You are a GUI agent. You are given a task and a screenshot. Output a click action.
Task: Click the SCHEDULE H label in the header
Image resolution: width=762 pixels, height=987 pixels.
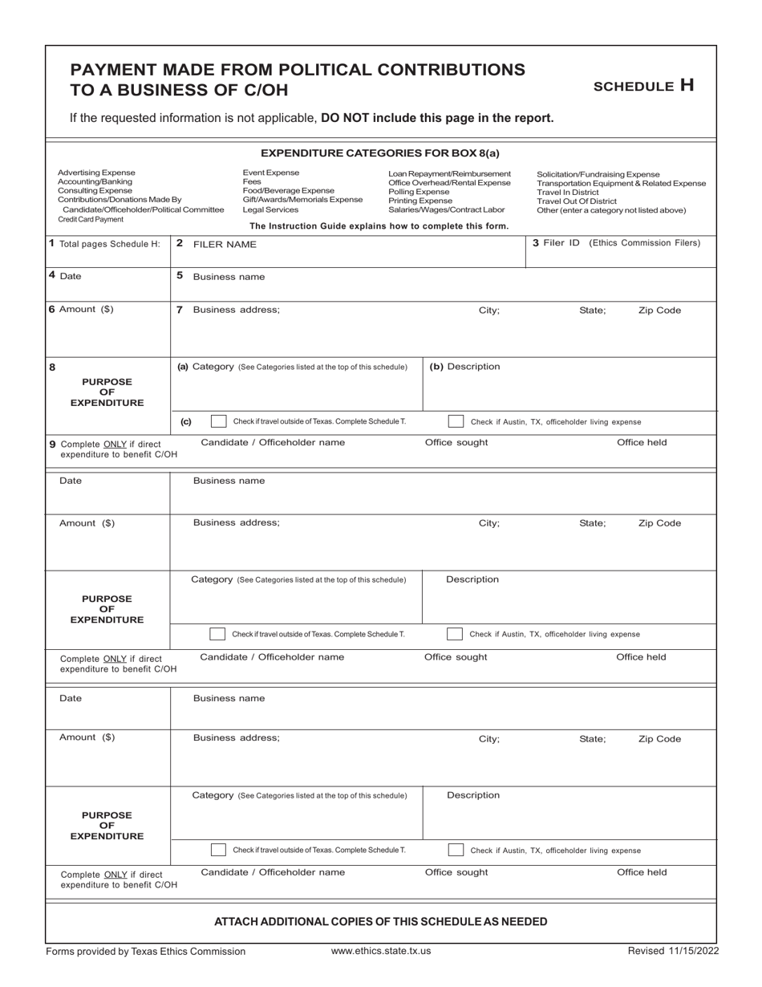(x=643, y=86)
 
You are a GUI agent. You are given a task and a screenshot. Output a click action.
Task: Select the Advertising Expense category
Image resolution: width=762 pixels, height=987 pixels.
(x=97, y=173)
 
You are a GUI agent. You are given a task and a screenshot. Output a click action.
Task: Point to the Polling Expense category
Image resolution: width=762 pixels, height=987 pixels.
(x=419, y=192)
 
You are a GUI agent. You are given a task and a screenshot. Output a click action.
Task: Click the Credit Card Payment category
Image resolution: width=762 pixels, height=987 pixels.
(x=91, y=219)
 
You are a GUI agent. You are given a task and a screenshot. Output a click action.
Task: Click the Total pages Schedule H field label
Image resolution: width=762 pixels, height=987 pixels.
(x=104, y=244)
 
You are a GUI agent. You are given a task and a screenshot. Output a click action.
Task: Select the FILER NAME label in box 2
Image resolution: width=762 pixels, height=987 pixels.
(x=224, y=244)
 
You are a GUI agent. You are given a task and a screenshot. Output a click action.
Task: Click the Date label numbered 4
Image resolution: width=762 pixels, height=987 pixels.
(x=66, y=276)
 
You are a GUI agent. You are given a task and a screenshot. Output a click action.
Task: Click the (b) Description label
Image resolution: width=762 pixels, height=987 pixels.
(x=465, y=367)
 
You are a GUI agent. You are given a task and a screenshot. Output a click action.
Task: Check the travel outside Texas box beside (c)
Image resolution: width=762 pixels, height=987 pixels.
(x=218, y=421)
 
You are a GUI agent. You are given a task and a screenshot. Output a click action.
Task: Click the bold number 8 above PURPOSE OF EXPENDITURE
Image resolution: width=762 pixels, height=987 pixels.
(x=53, y=368)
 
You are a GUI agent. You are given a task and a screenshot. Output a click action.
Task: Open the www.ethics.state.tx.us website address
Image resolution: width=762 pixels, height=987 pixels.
(x=381, y=951)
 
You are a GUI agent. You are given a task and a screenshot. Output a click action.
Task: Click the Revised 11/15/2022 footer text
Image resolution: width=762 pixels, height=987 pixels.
(x=673, y=951)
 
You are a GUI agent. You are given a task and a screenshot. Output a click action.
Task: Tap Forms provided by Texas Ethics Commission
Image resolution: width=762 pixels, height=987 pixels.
(x=146, y=951)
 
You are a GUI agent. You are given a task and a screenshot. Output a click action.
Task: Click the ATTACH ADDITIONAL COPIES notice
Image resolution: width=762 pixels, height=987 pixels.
(x=381, y=921)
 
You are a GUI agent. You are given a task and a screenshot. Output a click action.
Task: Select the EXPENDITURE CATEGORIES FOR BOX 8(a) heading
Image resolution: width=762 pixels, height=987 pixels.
(x=380, y=152)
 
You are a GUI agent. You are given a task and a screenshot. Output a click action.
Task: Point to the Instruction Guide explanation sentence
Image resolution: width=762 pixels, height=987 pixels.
(x=379, y=226)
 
